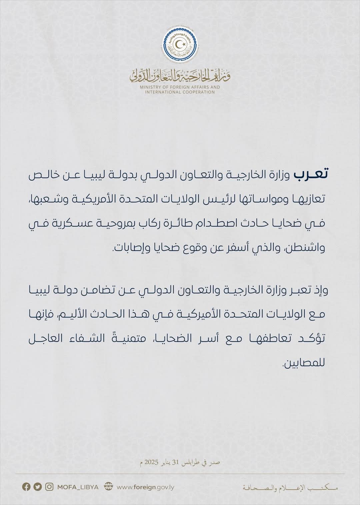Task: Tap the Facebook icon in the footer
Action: [x=26, y=487]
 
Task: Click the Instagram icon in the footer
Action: [x=49, y=487]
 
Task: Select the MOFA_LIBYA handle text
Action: [x=78, y=487]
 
